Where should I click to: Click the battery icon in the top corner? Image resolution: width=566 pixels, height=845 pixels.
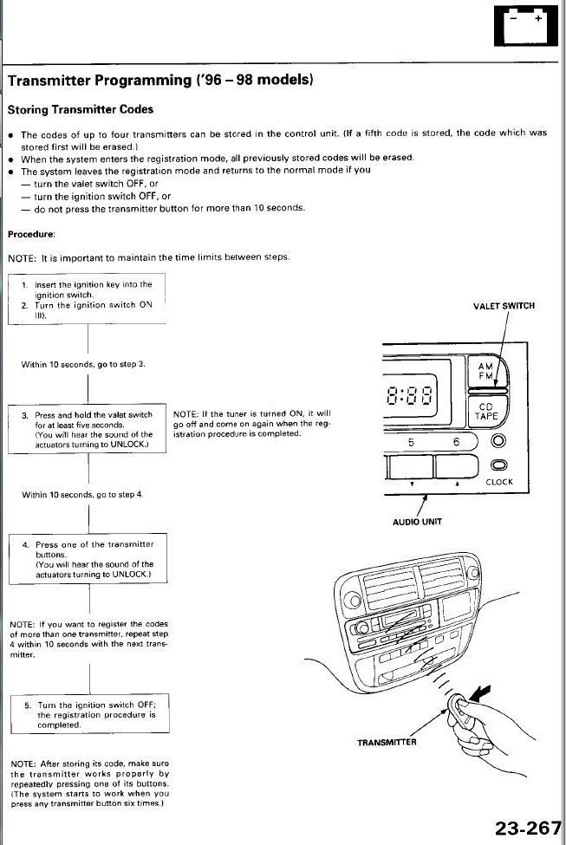pos(525,25)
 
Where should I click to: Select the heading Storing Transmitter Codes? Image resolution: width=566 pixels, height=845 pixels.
pos(81,110)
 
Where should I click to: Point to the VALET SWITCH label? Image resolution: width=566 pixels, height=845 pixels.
pos(504,306)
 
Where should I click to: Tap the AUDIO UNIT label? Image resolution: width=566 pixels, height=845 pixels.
pos(418,522)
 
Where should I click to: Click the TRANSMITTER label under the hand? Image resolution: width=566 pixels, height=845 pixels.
pos(387,742)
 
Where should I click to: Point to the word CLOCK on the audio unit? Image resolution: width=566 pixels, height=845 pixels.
pos(499,482)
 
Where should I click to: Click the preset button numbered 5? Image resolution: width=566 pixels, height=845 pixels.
pos(411,442)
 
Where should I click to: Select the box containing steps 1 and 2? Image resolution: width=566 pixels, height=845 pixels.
pos(87,299)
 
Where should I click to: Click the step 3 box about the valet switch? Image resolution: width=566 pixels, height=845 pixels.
pos(87,429)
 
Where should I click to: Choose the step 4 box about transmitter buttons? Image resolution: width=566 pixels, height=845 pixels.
pos(87,559)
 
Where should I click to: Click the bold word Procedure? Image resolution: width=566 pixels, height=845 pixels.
pos(31,234)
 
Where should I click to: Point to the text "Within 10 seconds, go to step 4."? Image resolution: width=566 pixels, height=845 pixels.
pos(82,494)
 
